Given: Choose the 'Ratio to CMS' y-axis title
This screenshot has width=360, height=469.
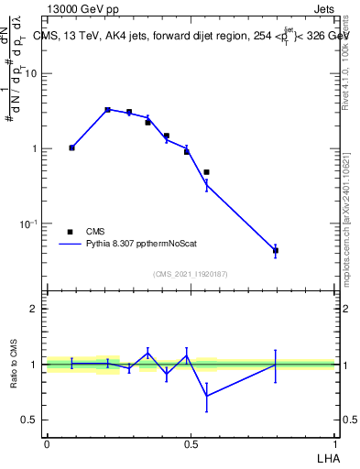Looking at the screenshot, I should click(x=15, y=365).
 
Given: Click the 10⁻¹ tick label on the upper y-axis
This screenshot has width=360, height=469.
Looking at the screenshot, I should click(x=28, y=224).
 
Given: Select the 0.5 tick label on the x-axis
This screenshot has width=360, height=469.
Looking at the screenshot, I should click(x=191, y=443).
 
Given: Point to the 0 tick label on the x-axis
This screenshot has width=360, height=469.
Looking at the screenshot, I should click(x=47, y=443).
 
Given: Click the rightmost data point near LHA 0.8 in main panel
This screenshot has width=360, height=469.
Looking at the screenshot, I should click(x=275, y=250).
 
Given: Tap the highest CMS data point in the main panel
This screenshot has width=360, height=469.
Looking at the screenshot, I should click(x=107, y=110).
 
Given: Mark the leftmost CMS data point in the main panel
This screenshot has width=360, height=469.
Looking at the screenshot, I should click(x=71, y=147).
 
